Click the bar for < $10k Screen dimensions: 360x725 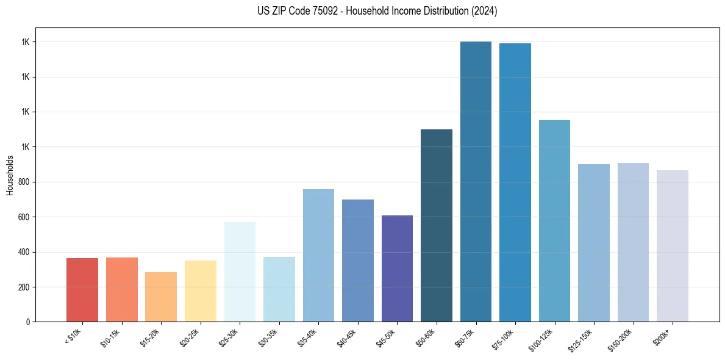pos(82,290)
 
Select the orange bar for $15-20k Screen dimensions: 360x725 pos(161,297)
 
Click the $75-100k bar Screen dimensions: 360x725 pos(515,182)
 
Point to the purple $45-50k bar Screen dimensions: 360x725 pos(397,268)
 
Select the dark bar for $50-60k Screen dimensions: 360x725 pos(437,225)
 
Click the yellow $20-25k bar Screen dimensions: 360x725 pos(201,291)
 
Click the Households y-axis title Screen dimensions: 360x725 pos(10,175)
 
